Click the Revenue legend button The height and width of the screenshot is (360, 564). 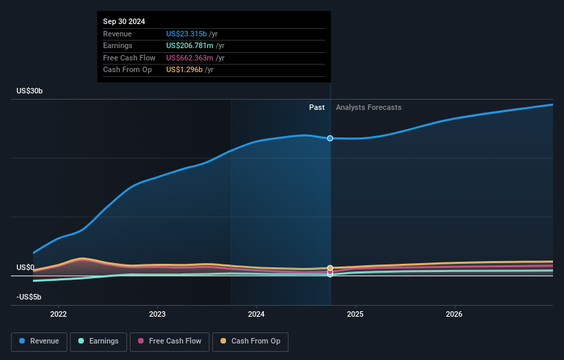pos(39,341)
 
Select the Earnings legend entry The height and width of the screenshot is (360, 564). pos(98,341)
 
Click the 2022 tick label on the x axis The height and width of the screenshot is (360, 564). pos(58,315)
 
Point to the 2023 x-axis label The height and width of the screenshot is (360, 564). pos(157,315)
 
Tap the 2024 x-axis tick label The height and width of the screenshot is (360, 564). pos(256,315)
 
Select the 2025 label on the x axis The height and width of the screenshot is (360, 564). pos(355,315)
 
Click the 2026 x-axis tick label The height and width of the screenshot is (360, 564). pos(454,315)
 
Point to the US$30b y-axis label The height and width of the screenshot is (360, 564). pos(32,91)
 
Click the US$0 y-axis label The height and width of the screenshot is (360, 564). pos(25,267)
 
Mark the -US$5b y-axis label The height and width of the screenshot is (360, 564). pos(29,297)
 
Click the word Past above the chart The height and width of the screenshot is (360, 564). pos(317,107)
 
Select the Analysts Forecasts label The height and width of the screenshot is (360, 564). pos(368,107)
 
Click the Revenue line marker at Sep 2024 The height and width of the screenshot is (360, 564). pos(330,138)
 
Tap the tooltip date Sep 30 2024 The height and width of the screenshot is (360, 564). pos(124,22)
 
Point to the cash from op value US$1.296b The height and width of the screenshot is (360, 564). pos(183,70)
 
